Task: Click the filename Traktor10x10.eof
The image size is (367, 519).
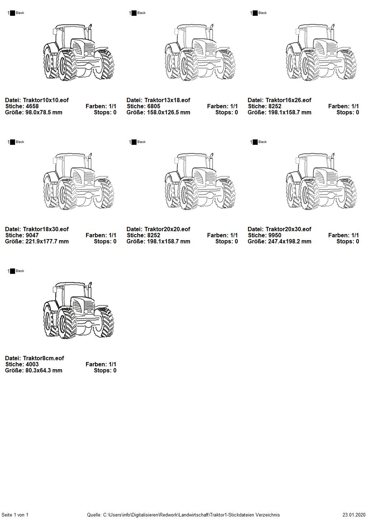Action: click(46, 100)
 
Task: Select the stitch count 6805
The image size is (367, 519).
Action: click(153, 106)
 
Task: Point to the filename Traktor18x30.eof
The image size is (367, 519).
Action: click(46, 229)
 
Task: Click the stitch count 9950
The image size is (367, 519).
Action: click(275, 235)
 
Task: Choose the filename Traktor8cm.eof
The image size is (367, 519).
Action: click(43, 358)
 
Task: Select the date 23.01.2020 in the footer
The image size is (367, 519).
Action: click(354, 515)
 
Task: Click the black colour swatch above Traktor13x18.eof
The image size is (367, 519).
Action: click(134, 13)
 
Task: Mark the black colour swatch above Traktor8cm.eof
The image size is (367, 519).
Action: click(13, 271)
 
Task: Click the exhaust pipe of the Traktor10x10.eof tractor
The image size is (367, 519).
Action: click(90, 32)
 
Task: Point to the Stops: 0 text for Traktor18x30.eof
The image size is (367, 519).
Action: click(105, 241)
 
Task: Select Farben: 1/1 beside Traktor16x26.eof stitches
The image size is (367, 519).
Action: click(343, 106)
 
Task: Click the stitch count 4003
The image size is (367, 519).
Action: click(32, 364)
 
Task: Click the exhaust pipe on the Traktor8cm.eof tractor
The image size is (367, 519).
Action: click(90, 290)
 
